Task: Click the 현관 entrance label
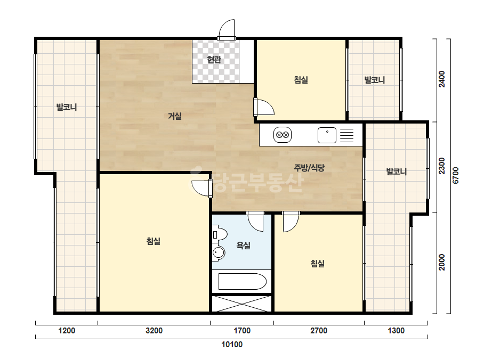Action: pos(214,60)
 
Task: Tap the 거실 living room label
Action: pos(175,116)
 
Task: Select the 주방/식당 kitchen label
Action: pos(309,168)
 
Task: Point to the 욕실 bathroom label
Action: pos(244,245)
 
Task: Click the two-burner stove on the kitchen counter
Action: pos(283,135)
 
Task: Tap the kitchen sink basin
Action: pos(327,135)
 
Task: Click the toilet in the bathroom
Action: pos(220,234)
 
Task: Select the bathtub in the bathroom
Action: pos(242,282)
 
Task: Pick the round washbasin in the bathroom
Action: pos(219,253)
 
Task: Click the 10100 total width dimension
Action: pos(232,345)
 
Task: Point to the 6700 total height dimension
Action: pos(456,176)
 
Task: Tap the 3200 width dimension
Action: pos(154,331)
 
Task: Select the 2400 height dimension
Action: pos(442,79)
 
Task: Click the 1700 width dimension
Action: pos(242,331)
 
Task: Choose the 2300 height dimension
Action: pos(442,166)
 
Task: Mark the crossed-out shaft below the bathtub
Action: pos(241,304)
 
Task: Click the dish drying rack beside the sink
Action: pos(346,135)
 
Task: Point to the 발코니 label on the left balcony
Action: pos(67,107)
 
